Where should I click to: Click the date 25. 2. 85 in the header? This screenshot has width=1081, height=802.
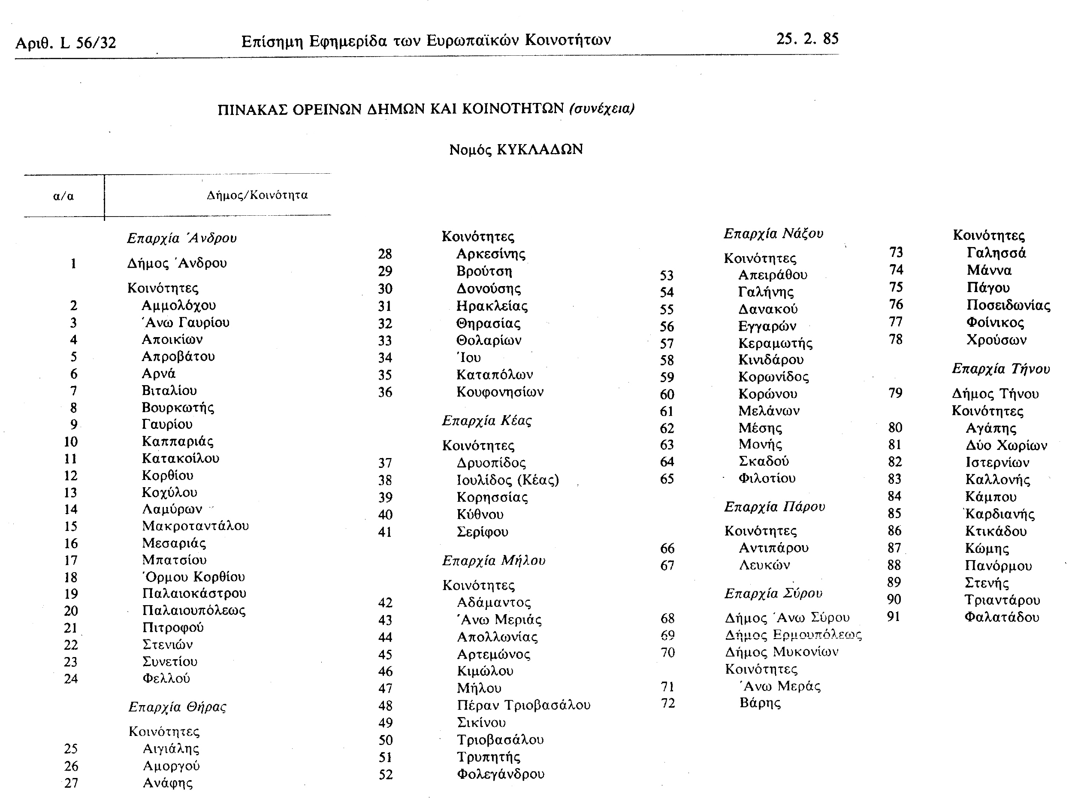pyautogui.click(x=807, y=39)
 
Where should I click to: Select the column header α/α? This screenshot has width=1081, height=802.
pyautogui.click(x=63, y=196)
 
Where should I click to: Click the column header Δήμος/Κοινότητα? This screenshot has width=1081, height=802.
pyautogui.click(x=257, y=195)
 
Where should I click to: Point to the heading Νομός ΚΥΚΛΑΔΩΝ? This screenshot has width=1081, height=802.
pyautogui.click(x=516, y=150)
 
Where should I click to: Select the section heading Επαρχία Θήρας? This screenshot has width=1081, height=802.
pyautogui.click(x=177, y=707)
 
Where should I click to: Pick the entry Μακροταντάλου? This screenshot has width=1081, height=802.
pyautogui.click(x=195, y=526)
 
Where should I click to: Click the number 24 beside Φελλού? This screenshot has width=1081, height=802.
pyautogui.click(x=71, y=678)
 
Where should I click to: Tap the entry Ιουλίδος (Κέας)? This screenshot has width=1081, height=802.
pyautogui.click(x=507, y=480)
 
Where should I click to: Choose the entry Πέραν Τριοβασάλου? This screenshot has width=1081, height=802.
pyautogui.click(x=523, y=705)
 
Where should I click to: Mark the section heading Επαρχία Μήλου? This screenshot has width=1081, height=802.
pyautogui.click(x=493, y=561)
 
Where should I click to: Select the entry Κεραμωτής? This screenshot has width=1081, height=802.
pyautogui.click(x=775, y=343)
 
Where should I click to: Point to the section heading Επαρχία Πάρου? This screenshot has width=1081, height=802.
pyautogui.click(x=775, y=507)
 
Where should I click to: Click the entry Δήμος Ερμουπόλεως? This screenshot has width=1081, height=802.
pyautogui.click(x=793, y=635)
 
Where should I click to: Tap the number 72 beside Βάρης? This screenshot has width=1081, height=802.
pyautogui.click(x=668, y=703)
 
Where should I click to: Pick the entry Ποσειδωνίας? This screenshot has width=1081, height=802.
pyautogui.click(x=1008, y=305)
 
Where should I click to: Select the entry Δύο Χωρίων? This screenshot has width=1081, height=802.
pyautogui.click(x=1006, y=445)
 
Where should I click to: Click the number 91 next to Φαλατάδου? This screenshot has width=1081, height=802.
pyautogui.click(x=894, y=617)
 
